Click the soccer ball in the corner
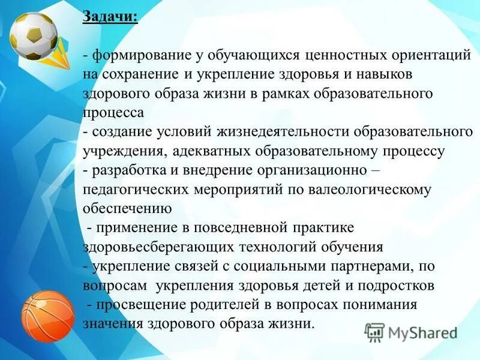(x=34, y=35)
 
